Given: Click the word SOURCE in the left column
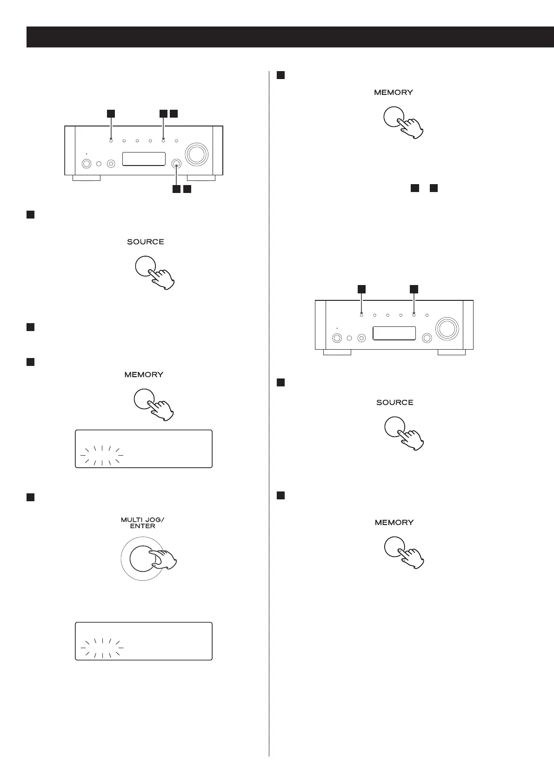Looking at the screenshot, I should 145,242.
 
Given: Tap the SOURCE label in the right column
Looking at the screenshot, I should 394,403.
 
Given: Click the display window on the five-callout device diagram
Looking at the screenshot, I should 144,159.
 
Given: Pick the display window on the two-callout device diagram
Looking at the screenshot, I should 394,333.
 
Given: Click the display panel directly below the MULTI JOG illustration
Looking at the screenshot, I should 144,641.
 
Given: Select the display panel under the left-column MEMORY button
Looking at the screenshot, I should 144,449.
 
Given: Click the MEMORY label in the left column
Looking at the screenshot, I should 144,375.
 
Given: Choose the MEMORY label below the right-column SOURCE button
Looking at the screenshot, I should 394,523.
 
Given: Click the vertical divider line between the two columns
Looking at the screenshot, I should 269,418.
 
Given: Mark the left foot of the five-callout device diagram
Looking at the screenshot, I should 87,178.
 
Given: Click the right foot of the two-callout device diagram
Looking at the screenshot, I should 452,352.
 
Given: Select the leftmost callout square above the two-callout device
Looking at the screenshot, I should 361,289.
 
